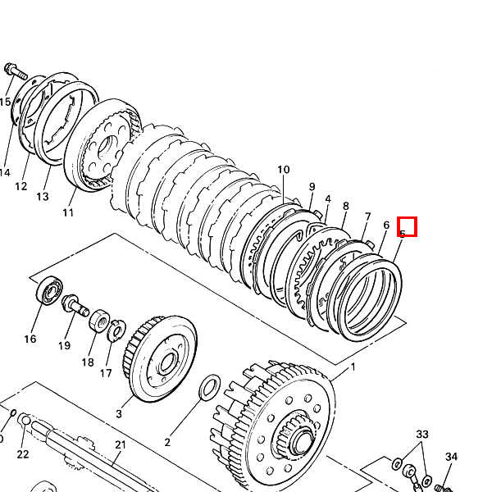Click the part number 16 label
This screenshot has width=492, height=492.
[30, 339]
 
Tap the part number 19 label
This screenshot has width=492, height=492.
[64, 345]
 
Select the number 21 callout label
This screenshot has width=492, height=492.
[120, 445]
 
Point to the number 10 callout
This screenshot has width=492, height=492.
[283, 171]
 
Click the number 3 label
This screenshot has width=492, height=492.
[118, 414]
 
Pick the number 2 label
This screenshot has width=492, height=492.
[167, 442]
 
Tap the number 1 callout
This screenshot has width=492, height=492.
[353, 367]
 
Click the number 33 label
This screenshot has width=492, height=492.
[422, 434]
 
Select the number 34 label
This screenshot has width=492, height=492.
[451, 457]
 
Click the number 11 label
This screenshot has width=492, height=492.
[68, 212]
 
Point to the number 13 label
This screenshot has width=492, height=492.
[43, 197]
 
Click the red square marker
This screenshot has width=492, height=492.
[408, 225]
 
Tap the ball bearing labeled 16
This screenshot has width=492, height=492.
[49, 290]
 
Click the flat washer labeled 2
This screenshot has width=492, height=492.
[209, 385]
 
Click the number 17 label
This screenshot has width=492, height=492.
[106, 374]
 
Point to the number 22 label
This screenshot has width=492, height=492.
[22, 454]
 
